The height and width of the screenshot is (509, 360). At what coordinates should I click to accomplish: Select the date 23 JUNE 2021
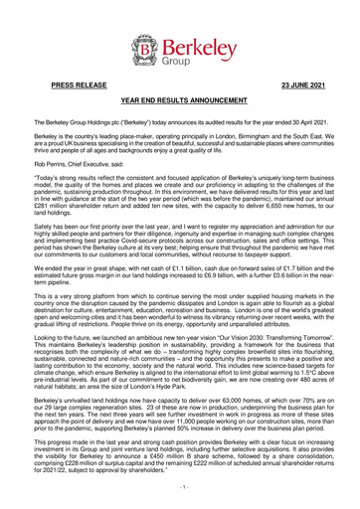click(280, 87)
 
